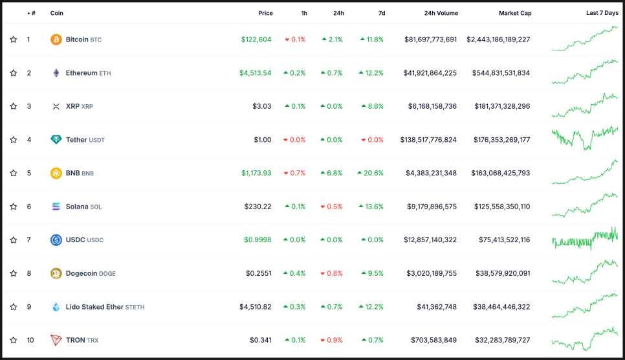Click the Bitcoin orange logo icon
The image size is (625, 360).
coord(56,39)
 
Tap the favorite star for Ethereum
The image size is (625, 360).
coord(14,73)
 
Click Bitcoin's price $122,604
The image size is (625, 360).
coord(256,39)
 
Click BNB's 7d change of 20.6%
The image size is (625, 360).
coord(371,173)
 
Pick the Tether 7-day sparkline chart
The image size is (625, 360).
coord(585,137)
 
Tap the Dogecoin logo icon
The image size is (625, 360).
coord(56,273)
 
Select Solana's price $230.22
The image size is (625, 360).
coord(258,207)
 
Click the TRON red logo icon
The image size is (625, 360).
coord(56,340)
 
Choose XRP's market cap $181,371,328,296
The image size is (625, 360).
coord(502,106)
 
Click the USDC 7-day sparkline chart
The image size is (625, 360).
coord(585,239)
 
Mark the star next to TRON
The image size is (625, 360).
coord(14,340)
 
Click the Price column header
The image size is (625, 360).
coord(265,13)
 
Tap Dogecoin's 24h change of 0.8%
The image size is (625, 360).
coord(333,273)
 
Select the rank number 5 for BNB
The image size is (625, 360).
coord(28,173)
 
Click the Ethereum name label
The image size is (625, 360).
coord(82,73)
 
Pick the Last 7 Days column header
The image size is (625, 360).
coord(602,13)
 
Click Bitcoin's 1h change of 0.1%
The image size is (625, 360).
coord(296,39)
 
